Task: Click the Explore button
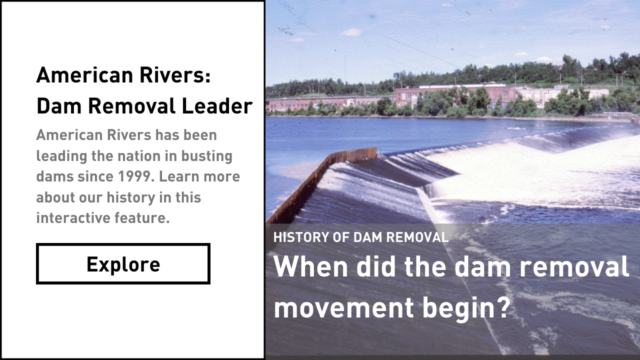(123, 264)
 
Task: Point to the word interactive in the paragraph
(68, 218)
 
